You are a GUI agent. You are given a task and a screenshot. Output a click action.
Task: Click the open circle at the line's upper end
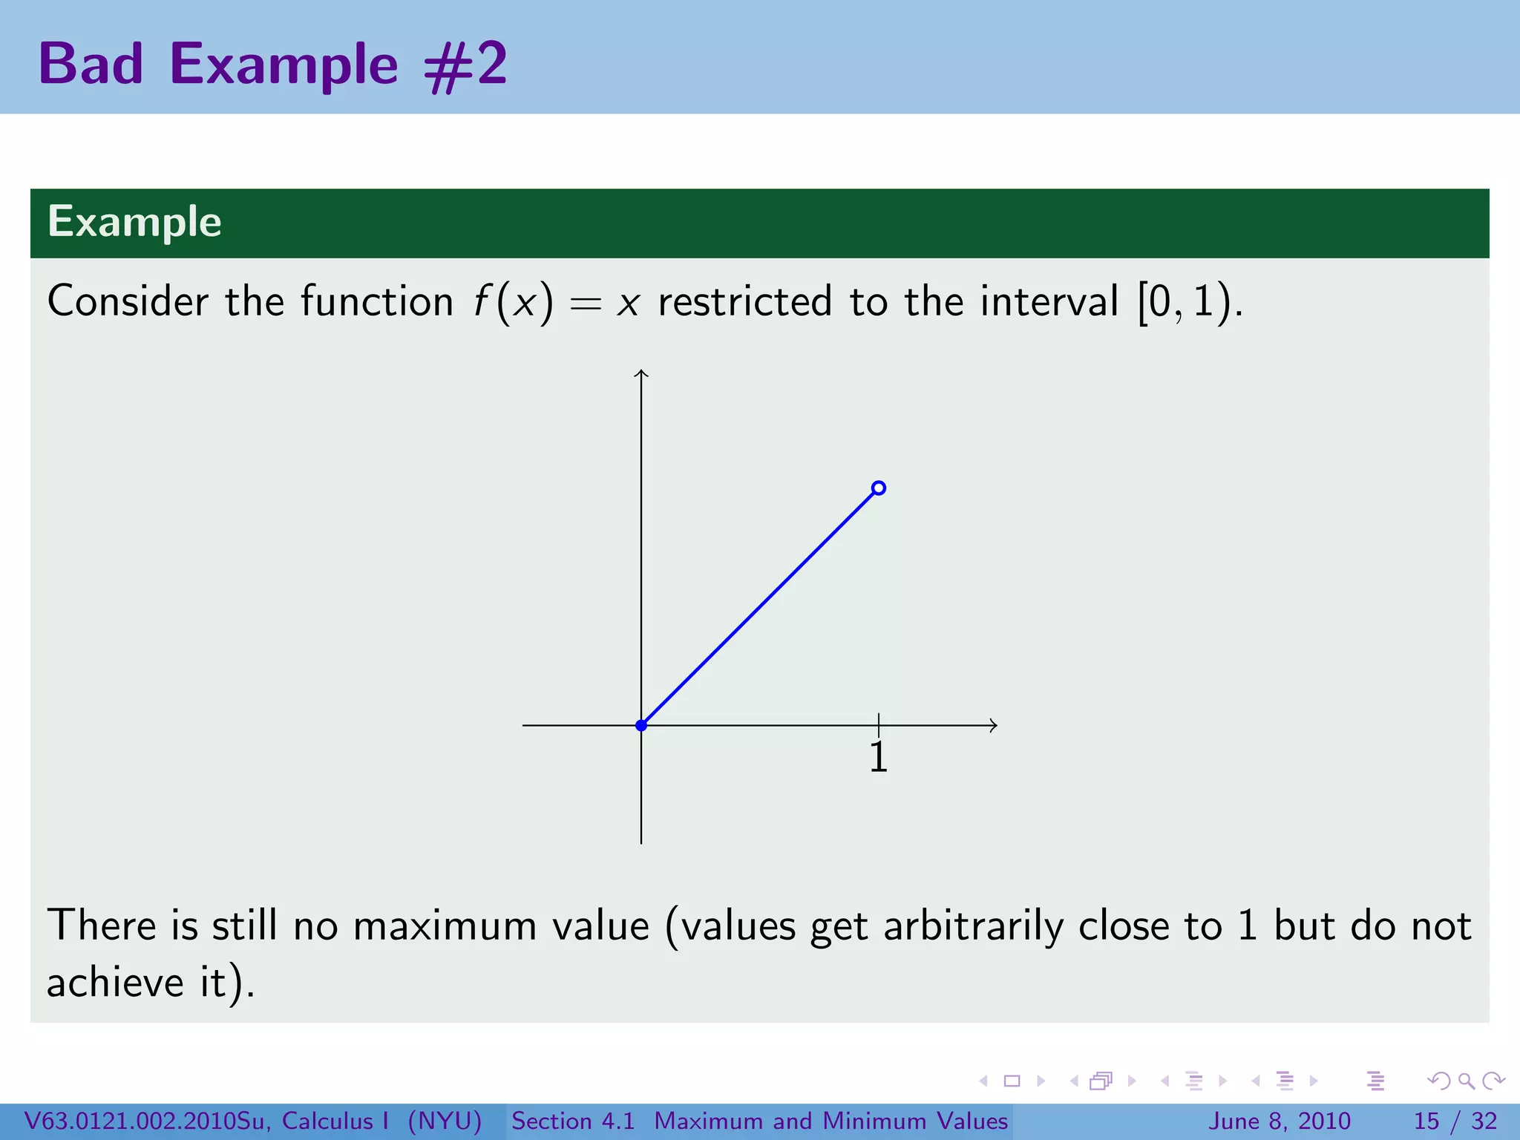[x=879, y=488]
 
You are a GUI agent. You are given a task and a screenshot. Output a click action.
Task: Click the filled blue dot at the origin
[x=641, y=725]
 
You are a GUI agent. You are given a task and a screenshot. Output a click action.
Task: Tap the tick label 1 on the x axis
[x=878, y=758]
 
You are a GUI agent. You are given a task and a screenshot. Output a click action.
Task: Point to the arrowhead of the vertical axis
[x=641, y=373]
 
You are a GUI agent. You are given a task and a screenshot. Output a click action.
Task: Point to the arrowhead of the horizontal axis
[x=993, y=725]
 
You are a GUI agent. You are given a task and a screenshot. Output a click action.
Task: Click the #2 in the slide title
[x=465, y=65]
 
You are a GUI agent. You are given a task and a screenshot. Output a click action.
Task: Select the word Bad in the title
[x=91, y=65]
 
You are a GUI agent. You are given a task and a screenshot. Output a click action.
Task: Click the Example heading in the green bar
[x=134, y=222]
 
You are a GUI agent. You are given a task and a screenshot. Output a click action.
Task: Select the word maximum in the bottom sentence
[x=444, y=926]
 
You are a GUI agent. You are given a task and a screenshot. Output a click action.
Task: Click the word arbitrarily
[x=972, y=926]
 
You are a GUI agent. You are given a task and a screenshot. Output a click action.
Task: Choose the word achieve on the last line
[x=114, y=983]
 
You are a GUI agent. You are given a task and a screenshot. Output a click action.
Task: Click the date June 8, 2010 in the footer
[x=1280, y=1121]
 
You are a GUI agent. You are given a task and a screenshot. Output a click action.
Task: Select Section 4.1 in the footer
[x=573, y=1121]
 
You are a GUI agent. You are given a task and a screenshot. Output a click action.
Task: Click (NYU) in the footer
[x=445, y=1121]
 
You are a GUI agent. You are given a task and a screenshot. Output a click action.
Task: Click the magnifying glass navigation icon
[x=1466, y=1081]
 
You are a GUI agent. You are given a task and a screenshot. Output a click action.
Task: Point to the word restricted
[x=744, y=302]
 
